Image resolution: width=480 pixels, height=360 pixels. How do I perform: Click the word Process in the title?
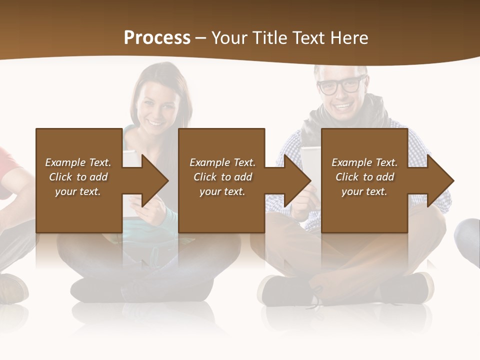pos(157,38)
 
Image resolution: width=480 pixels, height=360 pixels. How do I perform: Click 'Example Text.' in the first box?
pos(78,162)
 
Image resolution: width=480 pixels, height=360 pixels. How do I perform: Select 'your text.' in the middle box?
pos(222,191)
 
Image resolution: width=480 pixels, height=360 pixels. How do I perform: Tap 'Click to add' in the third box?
pos(364,177)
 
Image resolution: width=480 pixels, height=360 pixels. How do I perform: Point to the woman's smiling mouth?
pos(155,121)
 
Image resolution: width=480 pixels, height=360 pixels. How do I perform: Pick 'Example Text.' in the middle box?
pos(222,162)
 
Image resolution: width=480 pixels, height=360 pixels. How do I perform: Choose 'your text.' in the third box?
pos(364,191)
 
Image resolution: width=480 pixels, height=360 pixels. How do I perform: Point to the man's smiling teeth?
pos(342,106)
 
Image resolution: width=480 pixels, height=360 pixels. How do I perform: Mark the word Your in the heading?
pos(228,38)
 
